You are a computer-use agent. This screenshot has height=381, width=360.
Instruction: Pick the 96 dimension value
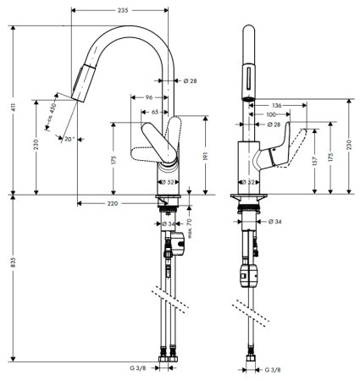(148, 96)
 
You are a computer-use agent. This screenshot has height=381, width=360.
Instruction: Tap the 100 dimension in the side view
(269, 113)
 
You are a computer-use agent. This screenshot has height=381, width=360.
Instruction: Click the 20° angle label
(69, 139)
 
